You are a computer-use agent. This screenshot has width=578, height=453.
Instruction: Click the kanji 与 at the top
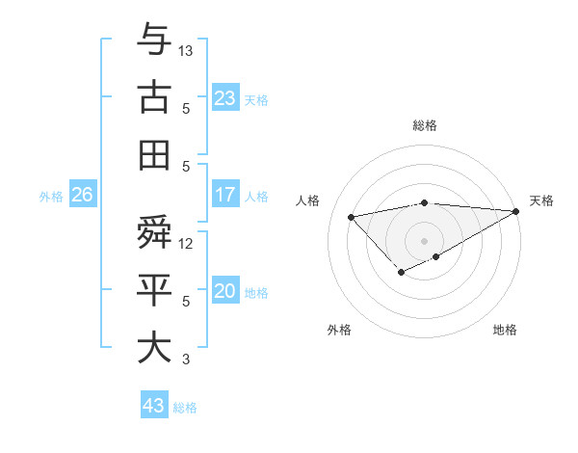pos(154,40)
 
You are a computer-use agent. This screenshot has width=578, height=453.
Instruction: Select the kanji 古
pos(154,98)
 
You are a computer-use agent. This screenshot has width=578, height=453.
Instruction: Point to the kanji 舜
pos(154,232)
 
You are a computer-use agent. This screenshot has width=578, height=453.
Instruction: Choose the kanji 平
pos(154,290)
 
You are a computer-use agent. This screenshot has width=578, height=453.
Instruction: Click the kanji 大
pos(154,347)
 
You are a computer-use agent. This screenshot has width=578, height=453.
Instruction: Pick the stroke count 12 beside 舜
pos(187,244)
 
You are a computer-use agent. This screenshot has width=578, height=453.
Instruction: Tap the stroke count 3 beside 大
pos(187,360)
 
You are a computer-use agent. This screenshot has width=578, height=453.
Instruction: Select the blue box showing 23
pos(225,98)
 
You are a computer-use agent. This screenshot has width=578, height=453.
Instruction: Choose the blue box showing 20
pos(225,292)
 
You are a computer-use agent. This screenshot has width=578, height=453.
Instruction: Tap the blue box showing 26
pos(82,196)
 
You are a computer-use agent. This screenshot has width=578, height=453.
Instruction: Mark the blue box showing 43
pos(153,406)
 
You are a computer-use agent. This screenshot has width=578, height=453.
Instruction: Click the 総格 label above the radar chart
pos(424,125)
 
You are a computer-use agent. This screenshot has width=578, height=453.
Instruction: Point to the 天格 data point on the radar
pos(517,212)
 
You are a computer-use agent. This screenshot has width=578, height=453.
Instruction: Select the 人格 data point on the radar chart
pos(352,215)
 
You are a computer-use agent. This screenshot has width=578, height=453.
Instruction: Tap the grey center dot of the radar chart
pos(424,240)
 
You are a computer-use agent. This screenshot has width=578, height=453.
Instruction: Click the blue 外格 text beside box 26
pos(51,197)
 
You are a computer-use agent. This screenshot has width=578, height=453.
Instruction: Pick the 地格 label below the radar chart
pos(505,330)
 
